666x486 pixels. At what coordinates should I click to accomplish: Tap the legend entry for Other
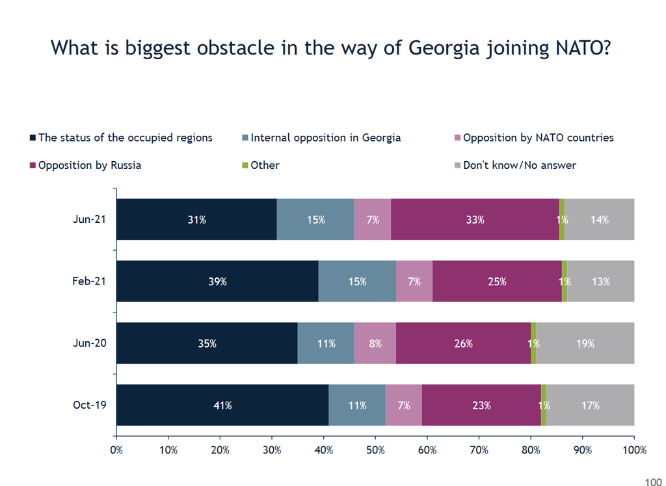point(265,165)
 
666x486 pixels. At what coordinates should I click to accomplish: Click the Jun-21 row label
point(90,219)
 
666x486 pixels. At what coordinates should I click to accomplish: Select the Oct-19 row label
point(90,405)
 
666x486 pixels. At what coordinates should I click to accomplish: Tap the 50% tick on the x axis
point(375,450)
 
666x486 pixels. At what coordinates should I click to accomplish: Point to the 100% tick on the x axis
point(633,450)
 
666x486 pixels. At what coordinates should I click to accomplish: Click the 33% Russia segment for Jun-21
point(475,220)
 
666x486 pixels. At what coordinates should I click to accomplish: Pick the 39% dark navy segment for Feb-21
point(217,281)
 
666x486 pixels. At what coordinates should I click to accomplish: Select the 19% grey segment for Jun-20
point(585,343)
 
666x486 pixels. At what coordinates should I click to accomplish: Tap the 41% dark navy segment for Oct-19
point(222,405)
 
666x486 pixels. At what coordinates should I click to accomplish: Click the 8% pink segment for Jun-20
point(375,343)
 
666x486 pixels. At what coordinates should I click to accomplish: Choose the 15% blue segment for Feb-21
point(357,281)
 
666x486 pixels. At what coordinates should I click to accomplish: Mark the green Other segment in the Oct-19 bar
point(544,405)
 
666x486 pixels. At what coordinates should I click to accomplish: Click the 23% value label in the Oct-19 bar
point(482,405)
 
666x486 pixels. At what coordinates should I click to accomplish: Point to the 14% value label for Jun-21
point(600,220)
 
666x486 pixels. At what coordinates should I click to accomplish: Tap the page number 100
point(652,481)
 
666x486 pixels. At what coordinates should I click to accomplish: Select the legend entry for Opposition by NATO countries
point(538,138)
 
